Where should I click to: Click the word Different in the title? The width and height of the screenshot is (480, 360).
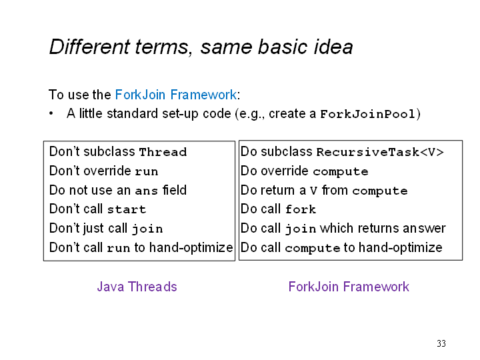coord(89,47)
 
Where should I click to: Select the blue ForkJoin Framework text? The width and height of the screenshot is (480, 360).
coord(176,95)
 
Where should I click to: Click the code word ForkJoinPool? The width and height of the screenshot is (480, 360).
coord(367,114)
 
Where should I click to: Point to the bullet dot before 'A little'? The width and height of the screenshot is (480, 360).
coord(51,113)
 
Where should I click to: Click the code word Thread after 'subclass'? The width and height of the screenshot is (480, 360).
coord(163,152)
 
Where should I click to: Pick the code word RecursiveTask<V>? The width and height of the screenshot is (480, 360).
coord(380,152)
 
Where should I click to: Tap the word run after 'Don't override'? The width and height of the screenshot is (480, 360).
coord(146,171)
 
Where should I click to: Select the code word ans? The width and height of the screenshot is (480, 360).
coord(146,191)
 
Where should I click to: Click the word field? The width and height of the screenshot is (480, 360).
coord(175,190)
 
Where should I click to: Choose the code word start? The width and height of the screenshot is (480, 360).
coord(127,209)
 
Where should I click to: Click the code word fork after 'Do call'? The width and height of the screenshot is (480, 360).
coord(300,209)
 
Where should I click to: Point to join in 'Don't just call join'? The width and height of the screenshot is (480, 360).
coord(147,229)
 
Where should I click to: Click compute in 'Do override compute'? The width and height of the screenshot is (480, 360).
coord(341,172)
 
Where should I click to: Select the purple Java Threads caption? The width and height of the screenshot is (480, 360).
coord(137,287)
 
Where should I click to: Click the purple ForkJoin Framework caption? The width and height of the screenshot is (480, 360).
coord(349,287)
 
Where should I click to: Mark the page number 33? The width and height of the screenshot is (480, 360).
coord(441,343)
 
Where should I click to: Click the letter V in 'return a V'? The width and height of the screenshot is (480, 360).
coord(313,191)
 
